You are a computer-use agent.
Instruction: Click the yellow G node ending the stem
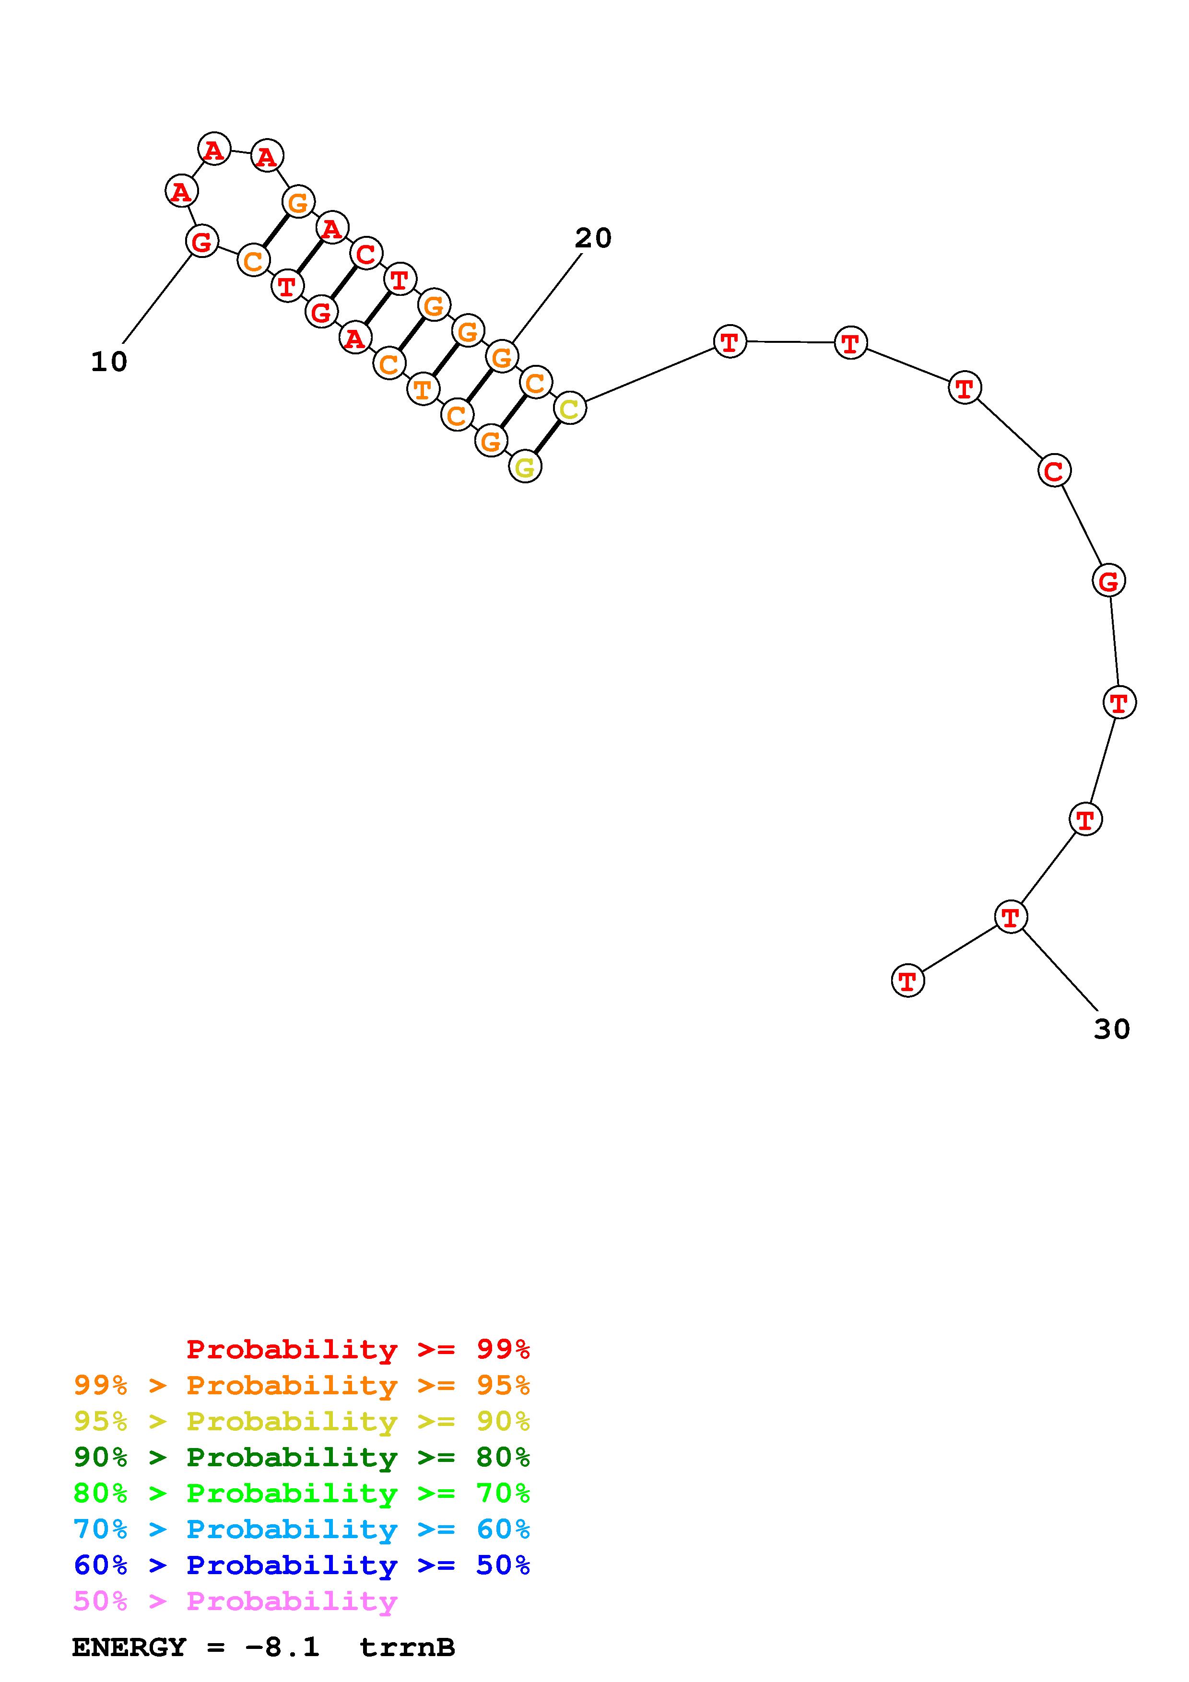tap(525, 466)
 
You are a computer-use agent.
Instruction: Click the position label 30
tap(1111, 1028)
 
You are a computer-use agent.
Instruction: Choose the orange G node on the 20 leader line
tap(502, 357)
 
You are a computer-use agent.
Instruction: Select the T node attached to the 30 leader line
tap(1010, 916)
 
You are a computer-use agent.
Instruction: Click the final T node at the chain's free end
tap(907, 980)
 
